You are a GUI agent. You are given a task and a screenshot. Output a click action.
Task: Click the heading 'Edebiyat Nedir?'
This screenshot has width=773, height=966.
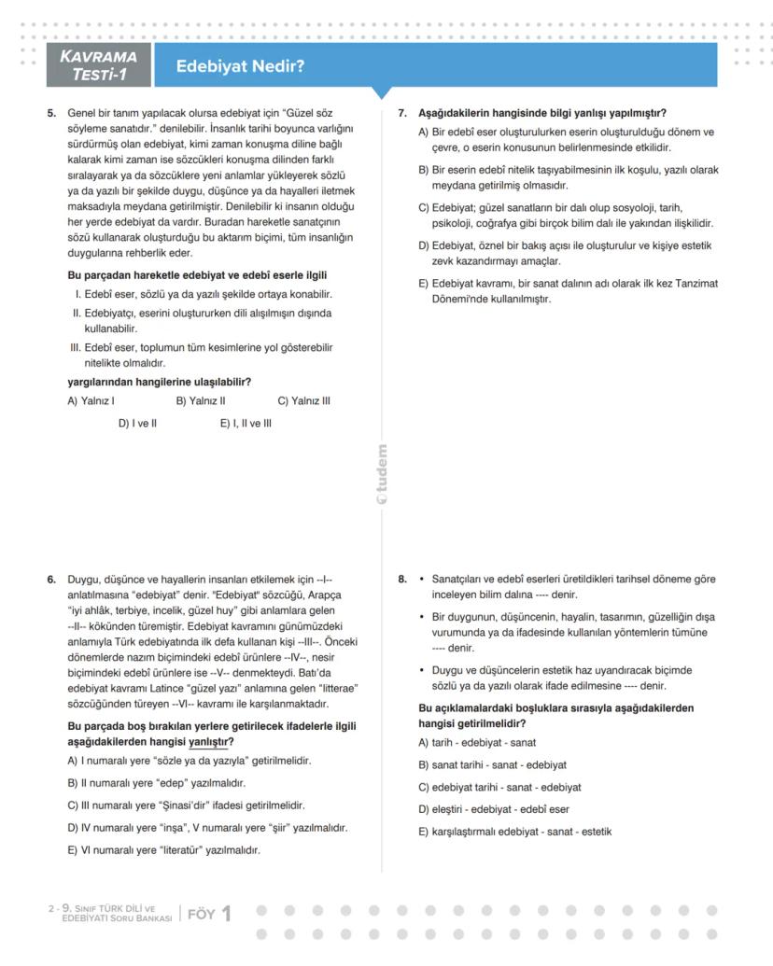240,67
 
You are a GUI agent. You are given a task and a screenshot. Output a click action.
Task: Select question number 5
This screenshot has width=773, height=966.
52,113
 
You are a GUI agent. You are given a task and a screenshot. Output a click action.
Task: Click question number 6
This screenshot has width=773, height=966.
52,580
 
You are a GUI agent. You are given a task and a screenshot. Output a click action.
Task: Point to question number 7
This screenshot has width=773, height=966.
402,113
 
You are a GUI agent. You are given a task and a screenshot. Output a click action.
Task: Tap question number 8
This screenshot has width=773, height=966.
402,580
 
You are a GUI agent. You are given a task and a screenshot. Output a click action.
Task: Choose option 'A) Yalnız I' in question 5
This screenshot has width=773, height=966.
91,401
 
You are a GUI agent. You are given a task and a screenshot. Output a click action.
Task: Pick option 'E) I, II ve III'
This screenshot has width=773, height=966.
246,424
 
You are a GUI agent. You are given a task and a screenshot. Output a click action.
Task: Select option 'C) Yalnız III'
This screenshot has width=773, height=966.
303,401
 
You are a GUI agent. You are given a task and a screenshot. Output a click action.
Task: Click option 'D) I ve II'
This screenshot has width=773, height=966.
137,424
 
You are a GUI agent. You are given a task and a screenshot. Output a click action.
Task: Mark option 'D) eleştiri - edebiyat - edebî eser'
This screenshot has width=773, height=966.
494,809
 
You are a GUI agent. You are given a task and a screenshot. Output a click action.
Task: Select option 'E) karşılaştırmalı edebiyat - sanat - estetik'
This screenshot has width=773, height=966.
515,832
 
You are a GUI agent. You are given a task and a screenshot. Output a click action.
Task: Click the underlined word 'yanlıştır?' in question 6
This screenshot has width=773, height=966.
210,742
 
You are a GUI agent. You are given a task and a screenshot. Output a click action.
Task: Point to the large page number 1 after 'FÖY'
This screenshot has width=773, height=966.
225,915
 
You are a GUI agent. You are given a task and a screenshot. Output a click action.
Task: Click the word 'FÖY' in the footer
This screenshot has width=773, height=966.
201,915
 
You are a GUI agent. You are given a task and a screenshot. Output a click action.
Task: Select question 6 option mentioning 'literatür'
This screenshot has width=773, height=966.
164,850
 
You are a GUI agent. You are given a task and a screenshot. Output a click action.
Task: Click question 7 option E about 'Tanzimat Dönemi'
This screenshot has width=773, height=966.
569,291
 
